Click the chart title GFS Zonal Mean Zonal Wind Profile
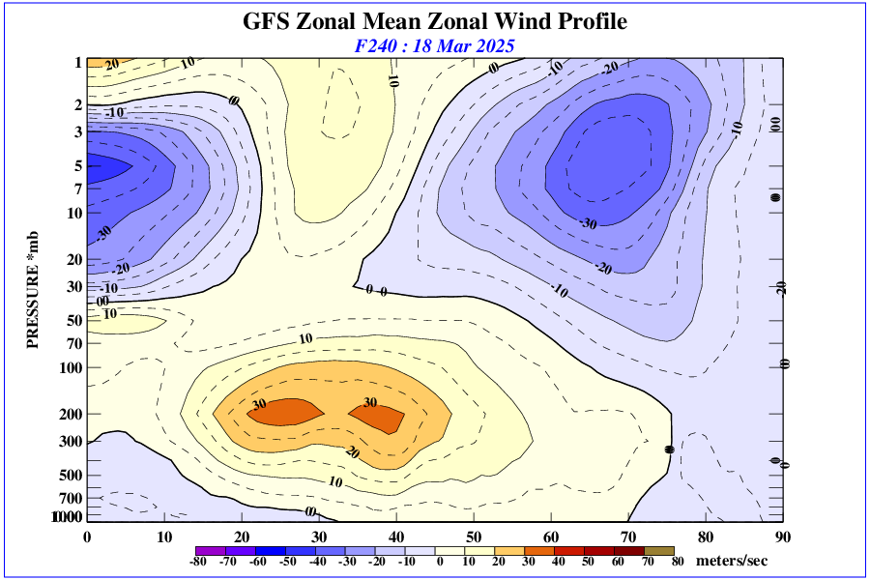[x=434, y=21]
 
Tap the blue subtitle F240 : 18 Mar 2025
[x=434, y=45]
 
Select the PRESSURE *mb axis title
[x=32, y=291]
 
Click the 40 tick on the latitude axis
[x=396, y=536]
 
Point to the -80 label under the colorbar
[x=199, y=562]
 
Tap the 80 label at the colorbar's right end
[x=678, y=562]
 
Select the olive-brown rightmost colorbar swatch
[x=662, y=550]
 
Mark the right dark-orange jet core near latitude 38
[x=379, y=418]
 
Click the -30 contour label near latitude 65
[x=588, y=223]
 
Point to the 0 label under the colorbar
[x=439, y=562]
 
